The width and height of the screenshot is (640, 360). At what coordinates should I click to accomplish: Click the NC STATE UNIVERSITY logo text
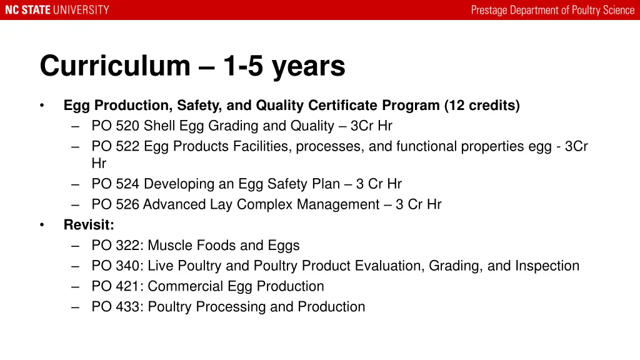[57, 10]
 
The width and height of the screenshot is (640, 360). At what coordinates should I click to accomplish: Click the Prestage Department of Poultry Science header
[552, 10]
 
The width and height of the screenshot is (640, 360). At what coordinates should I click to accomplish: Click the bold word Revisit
[89, 225]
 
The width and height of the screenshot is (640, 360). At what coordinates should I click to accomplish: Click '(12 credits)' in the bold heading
[482, 106]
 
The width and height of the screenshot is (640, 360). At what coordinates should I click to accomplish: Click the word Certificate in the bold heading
[344, 106]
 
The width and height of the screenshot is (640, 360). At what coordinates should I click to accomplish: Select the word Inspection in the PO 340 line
[547, 266]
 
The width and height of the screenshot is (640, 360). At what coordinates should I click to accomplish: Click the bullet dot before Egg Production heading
[42, 106]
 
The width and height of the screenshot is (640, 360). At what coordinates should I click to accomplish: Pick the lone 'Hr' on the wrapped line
[99, 164]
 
